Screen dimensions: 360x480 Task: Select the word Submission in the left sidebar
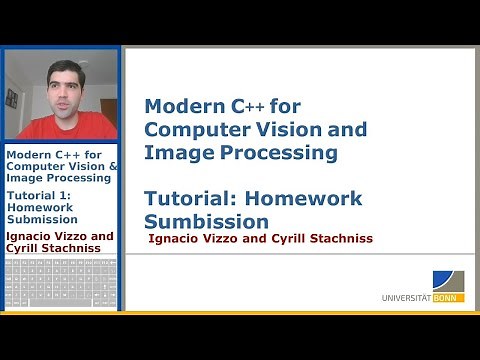tap(42, 219)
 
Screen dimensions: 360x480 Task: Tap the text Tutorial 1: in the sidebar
tap(43, 195)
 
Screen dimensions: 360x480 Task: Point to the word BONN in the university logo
tap(451, 297)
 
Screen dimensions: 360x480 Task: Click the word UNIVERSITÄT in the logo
tap(409, 297)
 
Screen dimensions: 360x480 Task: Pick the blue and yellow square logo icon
tap(448, 280)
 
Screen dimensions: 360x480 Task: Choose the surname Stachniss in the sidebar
tap(77, 249)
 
